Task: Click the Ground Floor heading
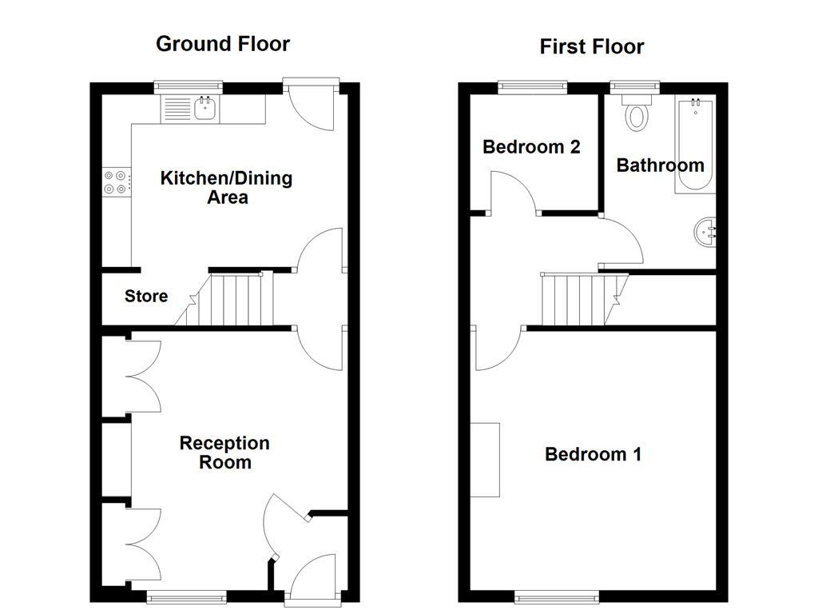[222, 43]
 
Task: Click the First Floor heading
[591, 46]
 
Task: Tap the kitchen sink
[206, 108]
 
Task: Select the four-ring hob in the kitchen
[115, 183]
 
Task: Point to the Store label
[146, 297]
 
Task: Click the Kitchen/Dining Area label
[227, 187]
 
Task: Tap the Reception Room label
[224, 453]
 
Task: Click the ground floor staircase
[232, 300]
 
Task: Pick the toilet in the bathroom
[637, 112]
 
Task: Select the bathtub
[694, 144]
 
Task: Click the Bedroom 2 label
[531, 147]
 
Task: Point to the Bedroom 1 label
[593, 455]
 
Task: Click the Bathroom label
[660, 165]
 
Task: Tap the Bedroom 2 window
[534, 85]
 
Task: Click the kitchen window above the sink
[188, 85]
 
